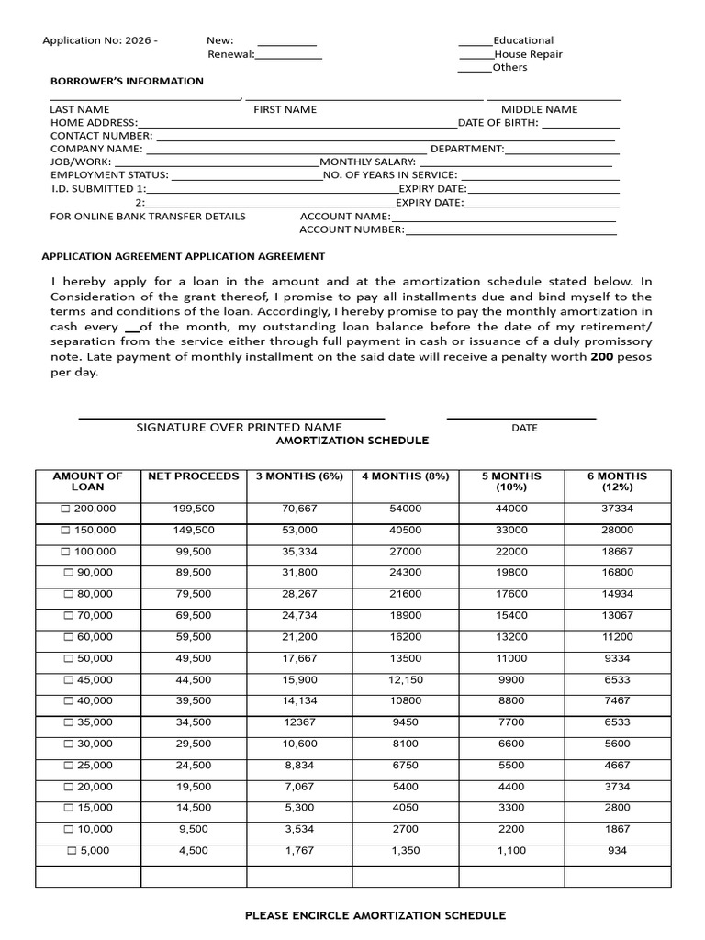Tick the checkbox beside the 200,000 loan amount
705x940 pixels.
tap(65, 509)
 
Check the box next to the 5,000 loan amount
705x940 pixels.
tap(73, 851)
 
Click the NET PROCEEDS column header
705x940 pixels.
tap(194, 476)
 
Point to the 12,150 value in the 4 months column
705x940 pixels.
tap(405, 679)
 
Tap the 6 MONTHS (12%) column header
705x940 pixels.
tap(617, 482)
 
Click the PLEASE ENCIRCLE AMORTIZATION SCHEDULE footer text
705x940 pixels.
tap(375, 915)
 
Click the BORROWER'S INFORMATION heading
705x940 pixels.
tap(127, 81)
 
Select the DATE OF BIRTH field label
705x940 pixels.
tap(498, 122)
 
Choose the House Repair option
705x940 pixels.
tap(528, 54)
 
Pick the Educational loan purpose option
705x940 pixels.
tap(523, 40)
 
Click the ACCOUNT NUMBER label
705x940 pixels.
tap(352, 229)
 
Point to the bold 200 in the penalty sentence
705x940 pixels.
tap(600, 357)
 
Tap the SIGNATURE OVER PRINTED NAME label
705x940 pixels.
tap(239, 427)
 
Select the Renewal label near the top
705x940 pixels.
tap(229, 54)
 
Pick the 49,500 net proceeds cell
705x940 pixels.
tap(194, 658)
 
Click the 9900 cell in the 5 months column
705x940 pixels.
tap(511, 679)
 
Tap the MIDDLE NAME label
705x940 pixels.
tap(539, 109)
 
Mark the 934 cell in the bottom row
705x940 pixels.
tap(617, 851)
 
